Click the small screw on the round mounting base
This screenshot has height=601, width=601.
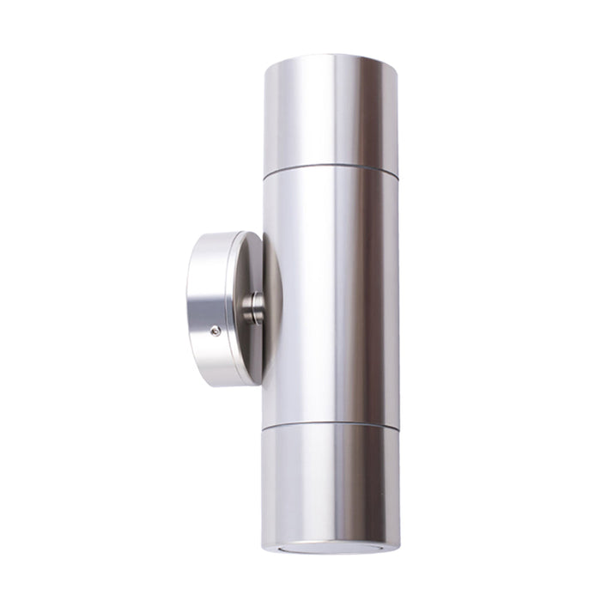point(216,331)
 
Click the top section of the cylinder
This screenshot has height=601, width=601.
point(331,112)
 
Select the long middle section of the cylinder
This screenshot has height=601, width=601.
point(331,292)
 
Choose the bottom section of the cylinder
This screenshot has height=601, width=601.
point(331,481)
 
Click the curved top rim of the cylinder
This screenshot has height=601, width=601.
point(331,58)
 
